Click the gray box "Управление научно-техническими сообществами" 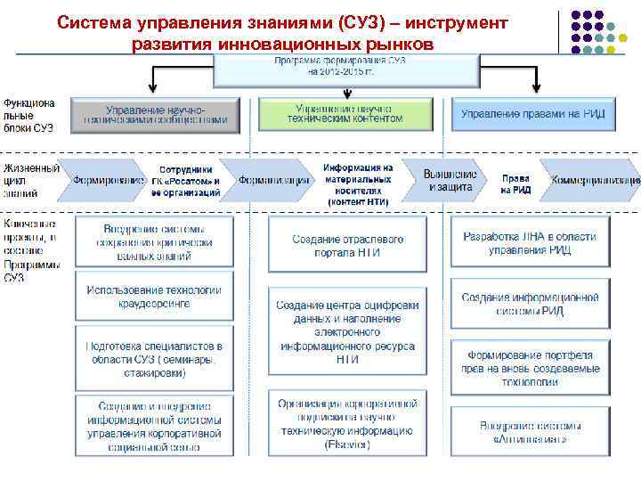pos(156,114)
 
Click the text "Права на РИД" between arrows pos(515,184)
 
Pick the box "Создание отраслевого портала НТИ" pos(347,246)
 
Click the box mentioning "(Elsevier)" pos(346,423)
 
